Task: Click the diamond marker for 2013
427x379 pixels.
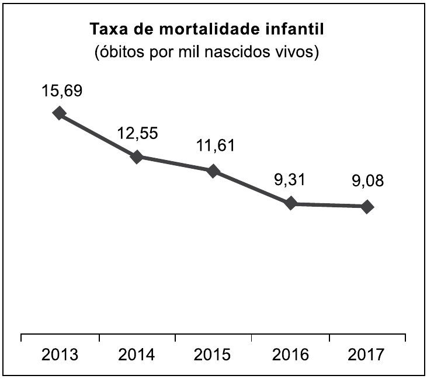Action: click(x=59, y=113)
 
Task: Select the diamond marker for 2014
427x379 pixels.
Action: click(x=137, y=157)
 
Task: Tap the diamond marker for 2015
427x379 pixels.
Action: click(x=213, y=171)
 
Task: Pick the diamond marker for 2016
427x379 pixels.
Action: click(x=290, y=203)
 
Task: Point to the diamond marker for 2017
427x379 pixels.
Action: click(x=367, y=206)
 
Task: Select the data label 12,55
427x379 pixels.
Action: click(x=137, y=134)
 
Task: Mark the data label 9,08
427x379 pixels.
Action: click(x=367, y=181)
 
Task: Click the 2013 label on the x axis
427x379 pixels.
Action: click(x=60, y=355)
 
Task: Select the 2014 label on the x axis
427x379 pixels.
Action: click(x=137, y=355)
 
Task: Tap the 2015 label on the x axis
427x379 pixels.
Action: click(x=213, y=355)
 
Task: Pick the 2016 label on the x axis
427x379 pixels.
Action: click(x=290, y=355)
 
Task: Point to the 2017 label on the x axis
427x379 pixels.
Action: click(x=367, y=355)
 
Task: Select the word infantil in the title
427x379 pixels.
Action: click(x=300, y=29)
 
